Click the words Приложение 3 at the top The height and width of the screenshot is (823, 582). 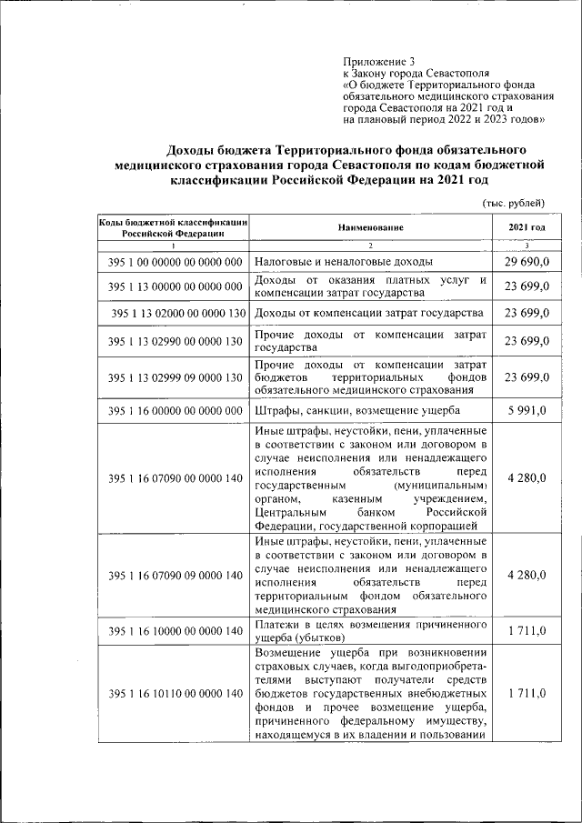[375, 61]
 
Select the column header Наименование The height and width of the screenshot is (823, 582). [371, 227]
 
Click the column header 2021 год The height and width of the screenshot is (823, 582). [527, 227]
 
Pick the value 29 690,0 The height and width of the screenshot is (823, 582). [527, 262]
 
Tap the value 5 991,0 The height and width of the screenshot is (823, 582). [527, 412]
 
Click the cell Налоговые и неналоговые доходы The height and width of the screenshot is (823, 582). [330, 262]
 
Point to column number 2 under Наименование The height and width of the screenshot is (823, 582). [371, 246]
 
